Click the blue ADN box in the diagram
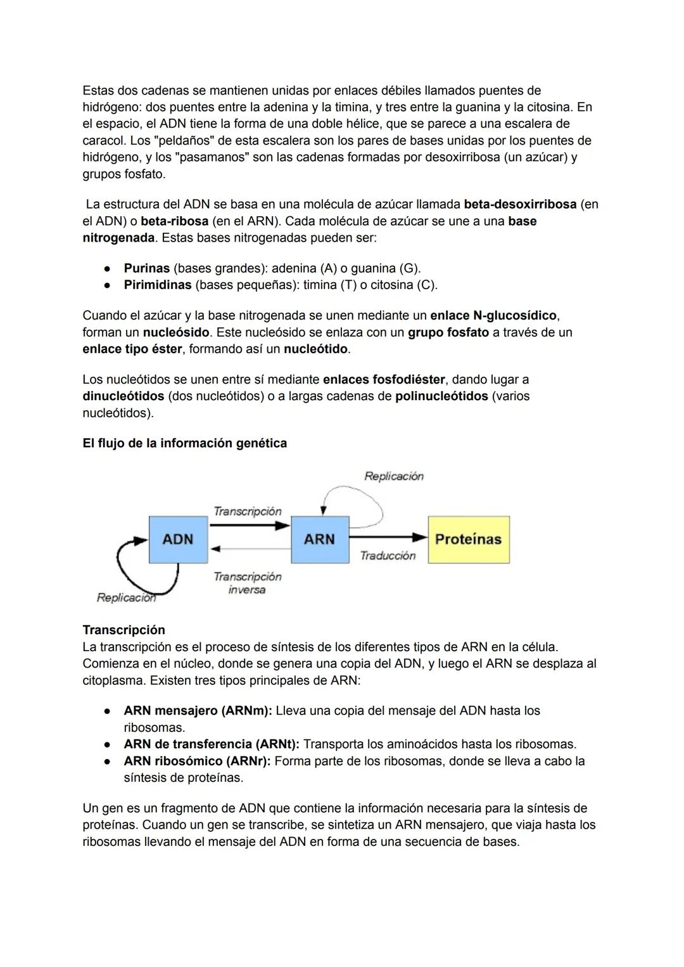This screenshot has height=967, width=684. coord(178,539)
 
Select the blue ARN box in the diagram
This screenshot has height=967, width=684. coord(319,539)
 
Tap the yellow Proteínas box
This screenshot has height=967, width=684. coord(468,539)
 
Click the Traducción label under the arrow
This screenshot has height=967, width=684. coord(388,555)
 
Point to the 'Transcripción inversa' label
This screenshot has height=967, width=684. coord(247,583)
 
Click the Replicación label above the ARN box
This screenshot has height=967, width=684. coord(394,476)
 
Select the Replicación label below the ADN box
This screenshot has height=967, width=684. coord(126,597)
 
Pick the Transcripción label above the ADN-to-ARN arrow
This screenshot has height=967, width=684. coord(247,511)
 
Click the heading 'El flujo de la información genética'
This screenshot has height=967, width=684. coord(184,443)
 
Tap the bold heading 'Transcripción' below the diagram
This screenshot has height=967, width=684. coord(123,630)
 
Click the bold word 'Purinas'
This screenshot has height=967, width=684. coord(146,268)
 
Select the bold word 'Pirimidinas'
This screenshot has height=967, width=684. coord(157,285)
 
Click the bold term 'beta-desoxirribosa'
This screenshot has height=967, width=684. coord(520,204)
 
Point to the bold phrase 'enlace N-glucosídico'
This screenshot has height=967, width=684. coord(493,315)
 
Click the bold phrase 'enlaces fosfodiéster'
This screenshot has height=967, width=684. coord(384,379)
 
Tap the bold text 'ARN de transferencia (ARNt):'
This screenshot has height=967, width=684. coord(212,744)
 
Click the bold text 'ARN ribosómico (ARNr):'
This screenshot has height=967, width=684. coord(197,761)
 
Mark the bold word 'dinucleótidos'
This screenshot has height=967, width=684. coord(123,396)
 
